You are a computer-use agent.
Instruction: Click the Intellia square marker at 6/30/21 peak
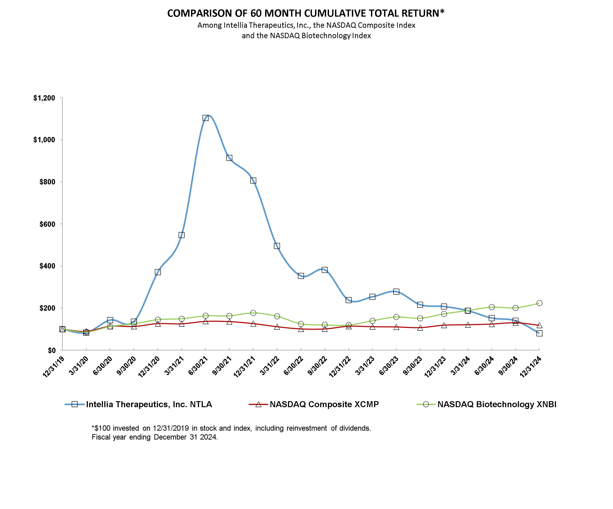click(205, 118)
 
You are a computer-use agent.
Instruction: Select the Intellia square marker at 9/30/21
click(229, 158)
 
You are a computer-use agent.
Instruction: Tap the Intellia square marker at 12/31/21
click(253, 180)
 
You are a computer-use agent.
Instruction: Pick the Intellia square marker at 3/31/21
click(181, 235)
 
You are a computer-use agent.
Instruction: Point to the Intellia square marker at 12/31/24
click(539, 333)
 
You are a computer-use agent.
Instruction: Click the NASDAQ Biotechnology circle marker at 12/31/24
click(539, 303)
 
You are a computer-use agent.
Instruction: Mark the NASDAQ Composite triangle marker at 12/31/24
click(539, 326)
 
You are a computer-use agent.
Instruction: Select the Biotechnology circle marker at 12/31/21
click(253, 313)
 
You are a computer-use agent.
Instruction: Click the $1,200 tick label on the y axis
click(44, 98)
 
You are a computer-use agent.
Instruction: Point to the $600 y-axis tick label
click(47, 224)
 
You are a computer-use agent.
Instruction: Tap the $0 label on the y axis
click(51, 350)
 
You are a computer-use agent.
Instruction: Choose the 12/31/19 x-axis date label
click(54, 367)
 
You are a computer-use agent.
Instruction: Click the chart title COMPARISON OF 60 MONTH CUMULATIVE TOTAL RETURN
click(306, 13)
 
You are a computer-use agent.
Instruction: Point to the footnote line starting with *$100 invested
click(231, 428)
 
